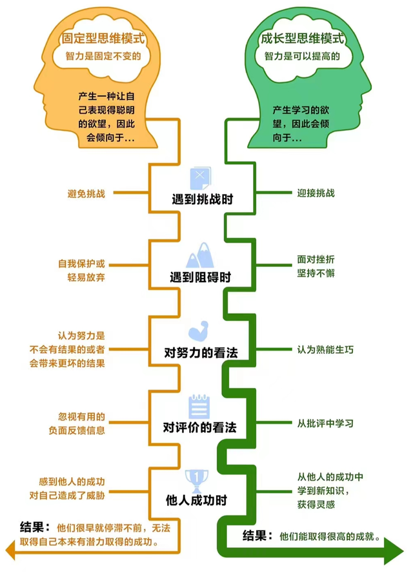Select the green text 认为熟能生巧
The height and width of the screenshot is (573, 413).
pyautogui.click(x=325, y=349)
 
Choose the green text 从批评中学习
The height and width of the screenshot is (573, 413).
pyautogui.click(x=325, y=423)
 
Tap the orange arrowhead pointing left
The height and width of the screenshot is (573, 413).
pyautogui.click(x=10, y=549)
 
